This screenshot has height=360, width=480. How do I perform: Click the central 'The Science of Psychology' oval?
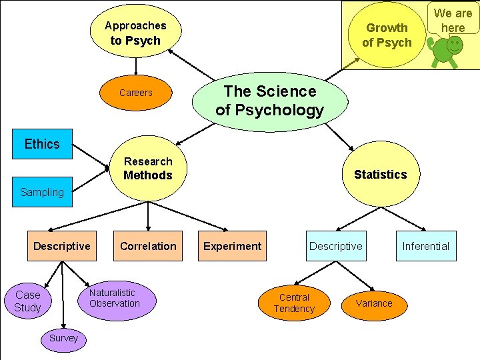pyautogui.click(x=269, y=101)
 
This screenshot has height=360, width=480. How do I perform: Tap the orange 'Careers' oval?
pyautogui.click(x=135, y=93)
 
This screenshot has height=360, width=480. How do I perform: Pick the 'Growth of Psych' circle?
pyautogui.click(x=387, y=35)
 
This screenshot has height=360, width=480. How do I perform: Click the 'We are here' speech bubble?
pyautogui.click(x=453, y=19)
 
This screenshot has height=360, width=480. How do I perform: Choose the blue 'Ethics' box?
pyautogui.click(x=42, y=144)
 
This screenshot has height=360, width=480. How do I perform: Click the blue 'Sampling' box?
pyautogui.click(x=42, y=193)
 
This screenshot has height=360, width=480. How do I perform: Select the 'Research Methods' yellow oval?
pyautogui.click(x=147, y=169)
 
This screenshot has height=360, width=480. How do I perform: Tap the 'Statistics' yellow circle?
pyautogui.click(x=380, y=175)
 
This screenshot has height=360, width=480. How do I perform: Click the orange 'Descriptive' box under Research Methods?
pyautogui.click(x=62, y=246)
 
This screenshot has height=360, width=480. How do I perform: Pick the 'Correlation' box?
pyautogui.click(x=148, y=246)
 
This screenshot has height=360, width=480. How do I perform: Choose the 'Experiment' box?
pyautogui.click(x=232, y=246)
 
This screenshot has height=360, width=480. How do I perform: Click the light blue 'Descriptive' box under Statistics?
pyautogui.click(x=335, y=246)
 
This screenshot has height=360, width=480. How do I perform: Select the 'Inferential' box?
pyautogui.click(x=425, y=246)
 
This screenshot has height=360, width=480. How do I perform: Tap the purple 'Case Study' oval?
pyautogui.click(x=28, y=301)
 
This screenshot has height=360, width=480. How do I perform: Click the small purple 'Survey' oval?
pyautogui.click(x=63, y=338)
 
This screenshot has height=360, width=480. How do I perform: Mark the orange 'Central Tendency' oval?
pyautogui.click(x=294, y=303)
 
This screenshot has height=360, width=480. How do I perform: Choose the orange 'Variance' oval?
pyautogui.click(x=374, y=303)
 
